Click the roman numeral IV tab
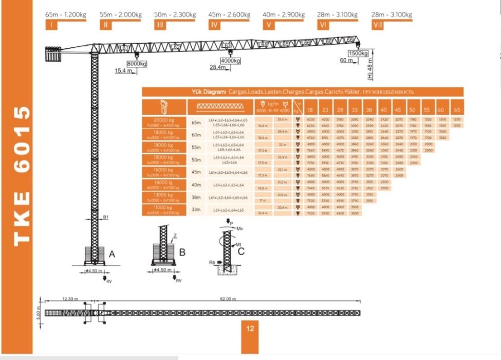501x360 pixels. pyautogui.click(x=214, y=25)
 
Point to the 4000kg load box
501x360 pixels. pyautogui.click(x=231, y=61)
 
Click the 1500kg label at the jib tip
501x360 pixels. pyautogui.click(x=358, y=53)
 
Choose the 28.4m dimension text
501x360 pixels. pyautogui.click(x=218, y=67)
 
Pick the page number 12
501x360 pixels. pyautogui.click(x=250, y=329)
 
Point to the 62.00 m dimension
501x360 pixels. pyautogui.click(x=227, y=299)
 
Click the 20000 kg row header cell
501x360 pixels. pyautogui.click(x=164, y=121)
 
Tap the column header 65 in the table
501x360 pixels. pyautogui.click(x=457, y=109)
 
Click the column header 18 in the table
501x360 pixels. pyautogui.click(x=310, y=109)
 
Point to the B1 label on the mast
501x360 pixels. pyautogui.click(x=105, y=218)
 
